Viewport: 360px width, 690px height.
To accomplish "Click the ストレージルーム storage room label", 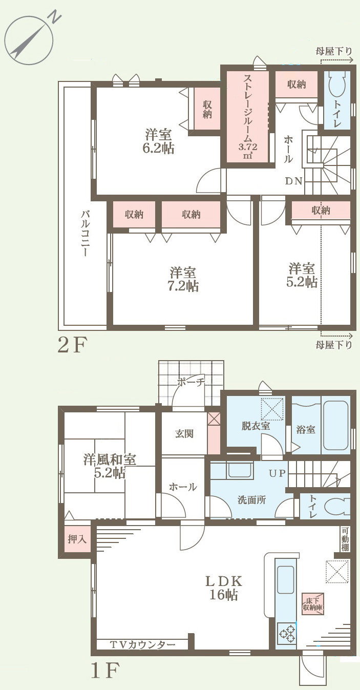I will coord(247,117).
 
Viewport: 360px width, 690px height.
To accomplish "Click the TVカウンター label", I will coord(143,644).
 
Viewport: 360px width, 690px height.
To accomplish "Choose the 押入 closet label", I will coord(77,539).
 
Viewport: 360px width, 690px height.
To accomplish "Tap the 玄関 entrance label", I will coord(184,433).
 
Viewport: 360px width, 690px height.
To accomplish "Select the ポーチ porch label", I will coord(191,382).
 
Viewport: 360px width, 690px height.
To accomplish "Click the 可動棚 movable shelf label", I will coord(345,540).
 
